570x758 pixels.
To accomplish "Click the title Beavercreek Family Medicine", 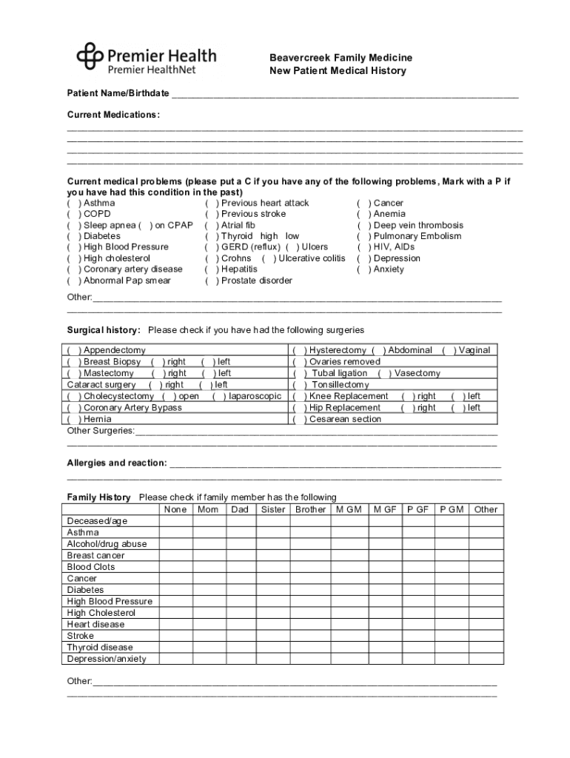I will pos(341,58).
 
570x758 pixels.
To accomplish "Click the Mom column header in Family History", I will pos(208,509).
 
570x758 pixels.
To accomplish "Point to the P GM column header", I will pos(452,509).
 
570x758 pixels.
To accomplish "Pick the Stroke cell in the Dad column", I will pos(240,636).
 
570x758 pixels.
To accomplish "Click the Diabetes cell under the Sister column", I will pos(273,590).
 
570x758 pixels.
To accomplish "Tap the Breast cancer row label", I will pos(95,555).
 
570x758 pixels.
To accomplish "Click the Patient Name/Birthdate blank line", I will pos(344,94).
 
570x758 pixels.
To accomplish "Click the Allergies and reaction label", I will pos(116,463).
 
